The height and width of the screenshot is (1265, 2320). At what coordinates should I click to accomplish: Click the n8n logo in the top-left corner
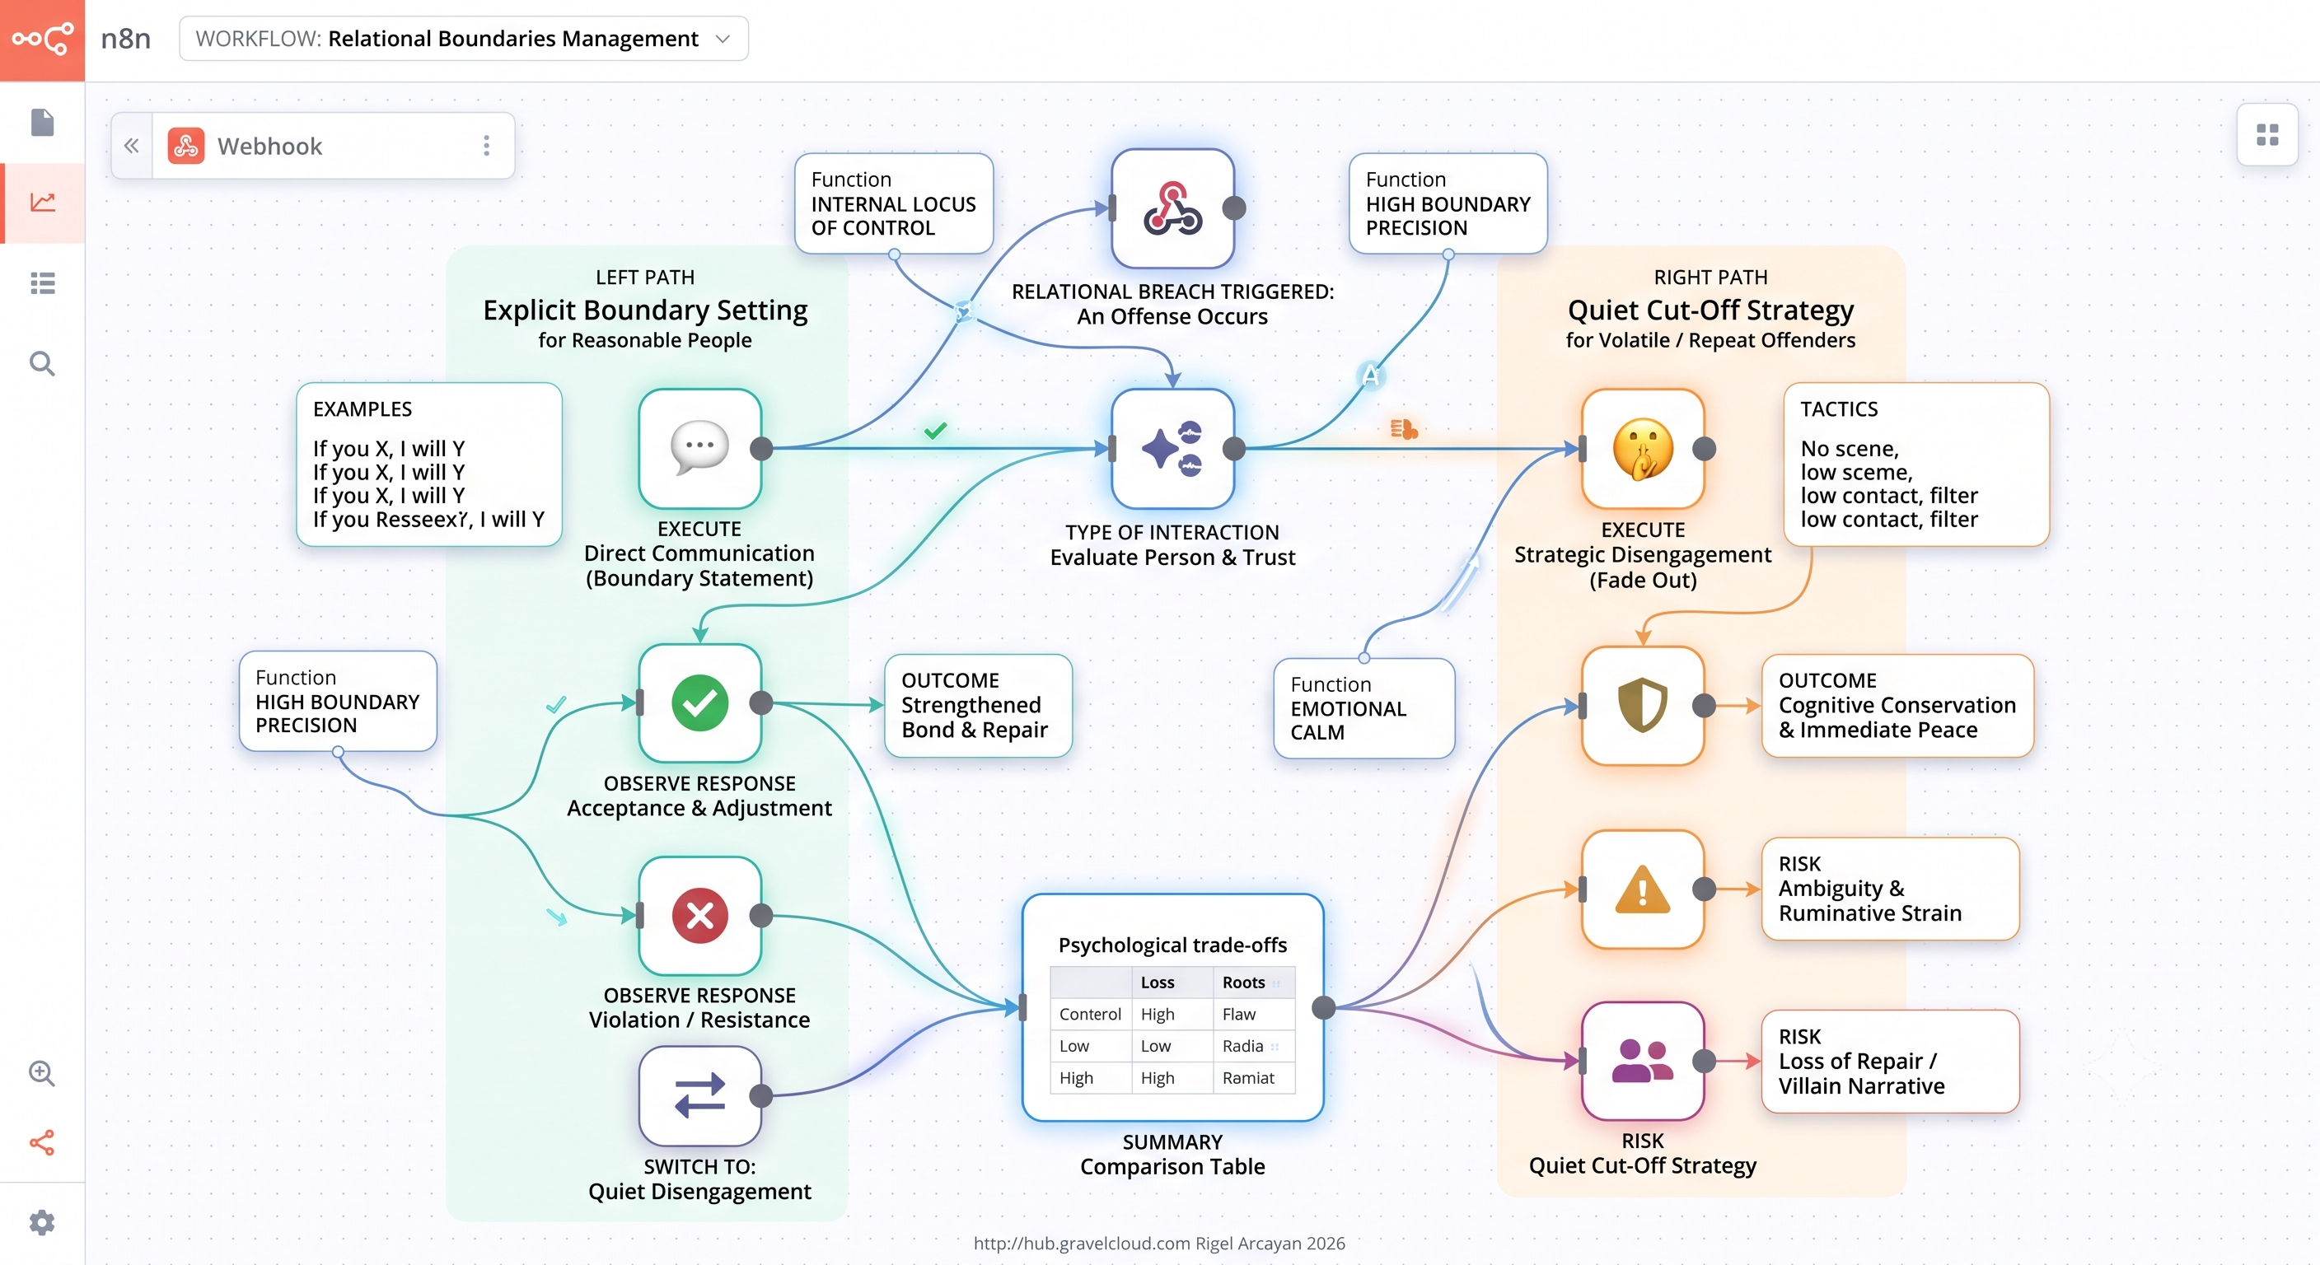point(42,40)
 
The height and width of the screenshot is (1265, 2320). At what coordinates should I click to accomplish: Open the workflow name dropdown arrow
point(723,39)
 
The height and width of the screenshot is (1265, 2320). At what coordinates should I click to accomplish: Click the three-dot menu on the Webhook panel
point(486,146)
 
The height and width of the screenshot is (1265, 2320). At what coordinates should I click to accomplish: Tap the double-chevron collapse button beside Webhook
point(132,146)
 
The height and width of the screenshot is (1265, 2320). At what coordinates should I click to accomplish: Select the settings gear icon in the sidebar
point(42,1222)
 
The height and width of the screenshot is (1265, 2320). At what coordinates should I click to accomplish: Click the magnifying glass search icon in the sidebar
point(42,364)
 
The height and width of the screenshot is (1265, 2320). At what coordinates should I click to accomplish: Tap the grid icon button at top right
point(2267,135)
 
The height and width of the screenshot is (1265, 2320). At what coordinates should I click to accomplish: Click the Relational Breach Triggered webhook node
point(1172,208)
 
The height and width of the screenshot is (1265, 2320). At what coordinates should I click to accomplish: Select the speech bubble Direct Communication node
point(699,448)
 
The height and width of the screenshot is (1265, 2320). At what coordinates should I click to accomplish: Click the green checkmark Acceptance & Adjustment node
point(699,703)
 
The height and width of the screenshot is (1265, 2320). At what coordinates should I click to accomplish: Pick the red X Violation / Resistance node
point(699,916)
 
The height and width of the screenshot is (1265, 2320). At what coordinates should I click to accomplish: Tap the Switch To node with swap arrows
point(699,1095)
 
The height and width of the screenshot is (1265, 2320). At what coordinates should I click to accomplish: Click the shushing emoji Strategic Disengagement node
point(1643,448)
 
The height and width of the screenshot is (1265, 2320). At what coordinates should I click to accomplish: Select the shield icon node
point(1643,706)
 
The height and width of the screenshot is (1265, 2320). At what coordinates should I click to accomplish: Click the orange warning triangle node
point(1643,889)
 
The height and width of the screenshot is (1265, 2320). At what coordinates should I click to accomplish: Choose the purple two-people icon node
point(1643,1061)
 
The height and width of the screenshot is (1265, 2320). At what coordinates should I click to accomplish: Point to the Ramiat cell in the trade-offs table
point(1248,1078)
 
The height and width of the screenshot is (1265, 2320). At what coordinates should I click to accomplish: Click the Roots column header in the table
point(1244,983)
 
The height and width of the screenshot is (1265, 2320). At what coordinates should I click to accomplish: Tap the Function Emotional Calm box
point(1363,708)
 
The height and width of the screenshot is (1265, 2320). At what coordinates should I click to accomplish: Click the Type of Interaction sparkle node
point(1172,448)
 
